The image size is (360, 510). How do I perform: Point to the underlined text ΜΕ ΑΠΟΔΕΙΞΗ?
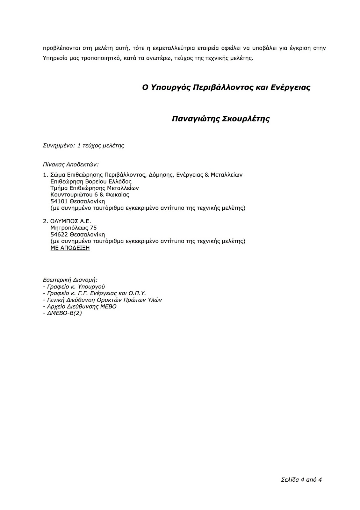tap(70, 248)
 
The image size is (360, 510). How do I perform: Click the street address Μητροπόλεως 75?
tap(74, 228)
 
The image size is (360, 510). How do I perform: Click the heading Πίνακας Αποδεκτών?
tap(71, 165)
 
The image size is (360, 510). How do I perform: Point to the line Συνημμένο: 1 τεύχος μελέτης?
tap(83, 146)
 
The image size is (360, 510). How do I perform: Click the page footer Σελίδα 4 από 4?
tap(301, 479)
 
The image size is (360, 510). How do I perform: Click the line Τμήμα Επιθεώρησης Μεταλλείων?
tap(95, 188)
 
